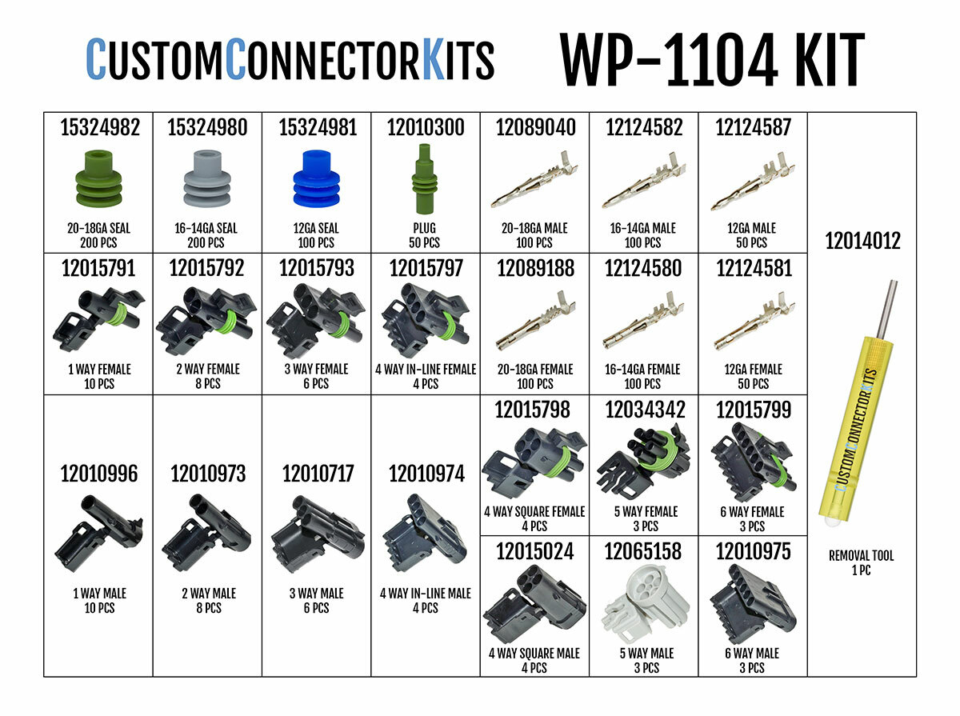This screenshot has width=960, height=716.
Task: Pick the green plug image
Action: [424, 178]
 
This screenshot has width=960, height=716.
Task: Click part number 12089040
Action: [534, 128]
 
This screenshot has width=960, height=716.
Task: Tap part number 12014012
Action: [862, 241]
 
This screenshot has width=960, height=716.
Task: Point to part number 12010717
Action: [316, 474]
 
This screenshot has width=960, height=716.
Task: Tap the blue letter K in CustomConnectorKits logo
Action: [432, 60]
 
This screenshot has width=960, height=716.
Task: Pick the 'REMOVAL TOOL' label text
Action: [862, 556]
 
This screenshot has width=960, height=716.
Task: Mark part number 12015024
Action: [534, 552]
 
